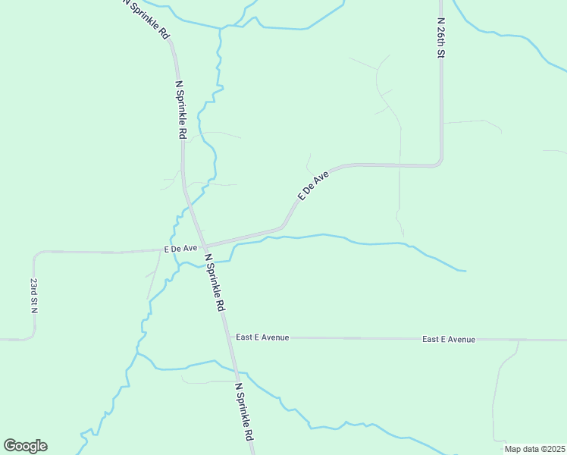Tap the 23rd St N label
click(34, 296)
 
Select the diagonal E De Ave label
click(313, 185)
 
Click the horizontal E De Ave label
click(180, 249)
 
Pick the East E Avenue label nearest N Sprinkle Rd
click(262, 337)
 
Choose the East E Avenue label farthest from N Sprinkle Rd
click(449, 339)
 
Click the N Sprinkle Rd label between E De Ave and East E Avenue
click(216, 283)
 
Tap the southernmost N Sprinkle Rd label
click(244, 412)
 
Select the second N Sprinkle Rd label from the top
click(181, 110)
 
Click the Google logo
click(25, 446)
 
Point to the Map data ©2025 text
click(534, 449)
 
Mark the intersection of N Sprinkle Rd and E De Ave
click(202, 246)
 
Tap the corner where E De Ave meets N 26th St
click(440, 163)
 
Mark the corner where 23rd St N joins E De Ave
click(36, 254)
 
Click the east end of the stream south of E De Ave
click(464, 271)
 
